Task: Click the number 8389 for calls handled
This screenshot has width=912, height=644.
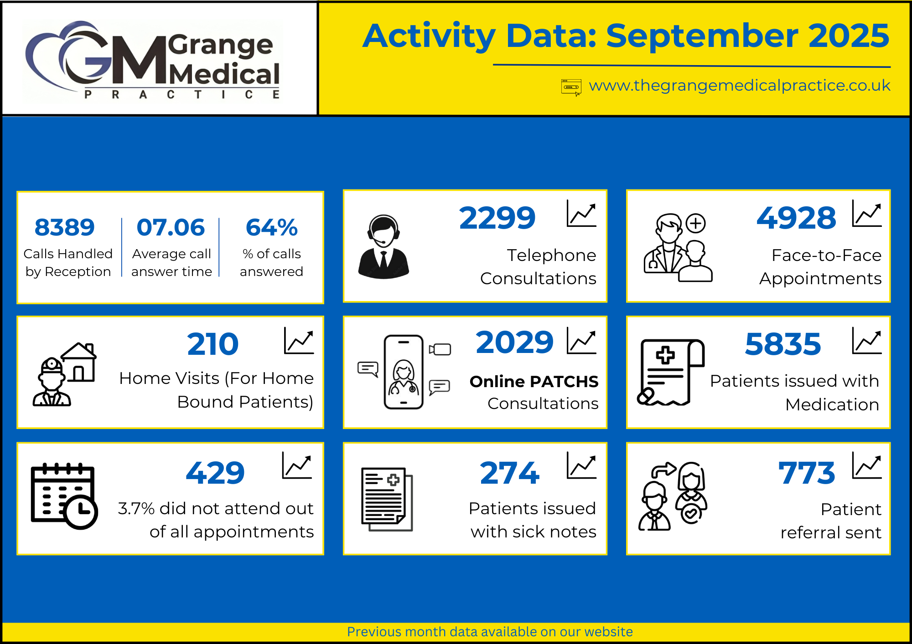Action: click(x=64, y=227)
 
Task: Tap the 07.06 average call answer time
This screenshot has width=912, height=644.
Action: click(x=171, y=227)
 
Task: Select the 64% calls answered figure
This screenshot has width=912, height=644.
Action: click(x=271, y=227)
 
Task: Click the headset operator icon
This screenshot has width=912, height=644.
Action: click(x=383, y=246)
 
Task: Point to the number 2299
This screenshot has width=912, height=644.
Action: click(x=497, y=218)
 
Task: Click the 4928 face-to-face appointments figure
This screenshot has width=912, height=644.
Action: click(x=796, y=218)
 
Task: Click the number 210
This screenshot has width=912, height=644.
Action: click(x=212, y=344)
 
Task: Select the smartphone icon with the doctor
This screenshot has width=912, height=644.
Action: click(x=404, y=372)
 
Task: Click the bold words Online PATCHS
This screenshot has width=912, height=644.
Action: click(x=534, y=382)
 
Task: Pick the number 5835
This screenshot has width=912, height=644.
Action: click(x=782, y=344)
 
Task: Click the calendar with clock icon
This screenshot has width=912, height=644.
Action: click(x=64, y=496)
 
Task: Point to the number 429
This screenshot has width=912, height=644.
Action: click(x=215, y=473)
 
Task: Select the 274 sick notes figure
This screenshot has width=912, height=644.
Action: click(x=510, y=473)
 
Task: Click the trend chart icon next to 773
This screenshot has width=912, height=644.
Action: click(x=866, y=465)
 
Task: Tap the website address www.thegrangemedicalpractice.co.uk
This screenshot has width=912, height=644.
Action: click(x=740, y=86)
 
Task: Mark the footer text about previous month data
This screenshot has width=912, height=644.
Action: click(x=490, y=632)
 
